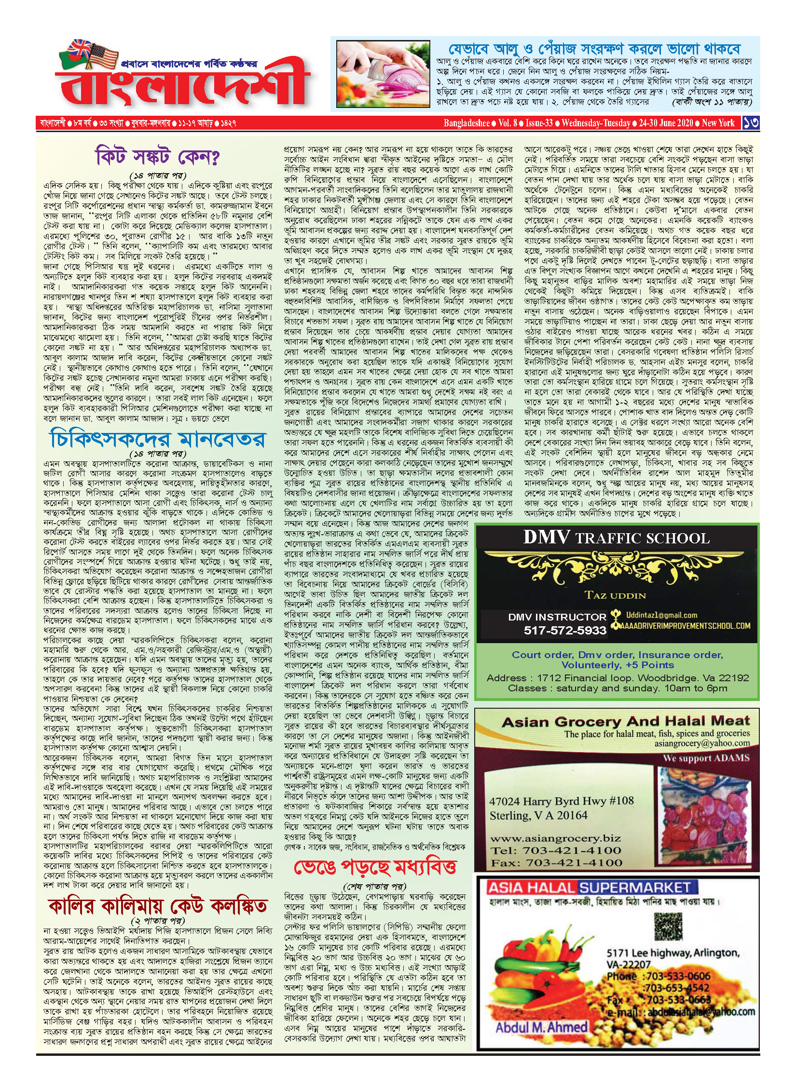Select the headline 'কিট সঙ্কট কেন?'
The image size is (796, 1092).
coord(158,157)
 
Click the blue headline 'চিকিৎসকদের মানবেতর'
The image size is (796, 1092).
coord(158,439)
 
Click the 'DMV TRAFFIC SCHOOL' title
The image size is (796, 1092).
coord(616,538)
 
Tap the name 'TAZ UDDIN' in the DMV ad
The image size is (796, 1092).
coord(615,595)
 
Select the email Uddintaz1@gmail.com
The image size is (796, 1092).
coord(661,615)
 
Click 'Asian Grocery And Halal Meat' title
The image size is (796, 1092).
coord(626,722)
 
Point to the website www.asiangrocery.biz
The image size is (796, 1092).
coord(555,838)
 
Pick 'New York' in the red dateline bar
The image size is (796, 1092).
coord(718,123)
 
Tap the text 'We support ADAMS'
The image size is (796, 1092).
coord(706,758)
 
